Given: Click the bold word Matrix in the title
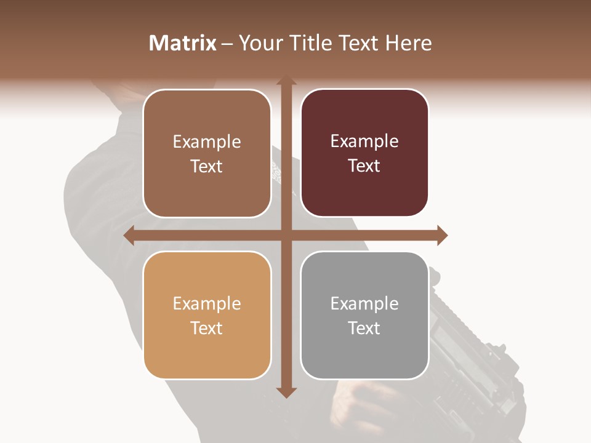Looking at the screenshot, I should [x=183, y=43].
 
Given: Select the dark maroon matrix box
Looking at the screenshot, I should [x=364, y=191].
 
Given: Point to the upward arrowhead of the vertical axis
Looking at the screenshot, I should [x=286, y=81].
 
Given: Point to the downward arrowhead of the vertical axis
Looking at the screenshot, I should [x=286, y=392].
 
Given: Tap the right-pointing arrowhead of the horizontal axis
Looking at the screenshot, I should [x=442, y=235].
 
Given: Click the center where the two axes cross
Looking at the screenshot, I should [x=286, y=235].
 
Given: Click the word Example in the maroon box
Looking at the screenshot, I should [x=364, y=142].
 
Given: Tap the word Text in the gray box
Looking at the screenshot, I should [x=364, y=328].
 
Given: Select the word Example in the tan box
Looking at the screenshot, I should [x=207, y=303].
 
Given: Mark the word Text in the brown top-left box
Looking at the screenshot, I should [x=207, y=166].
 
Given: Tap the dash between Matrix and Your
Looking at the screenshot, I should [x=227, y=44].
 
